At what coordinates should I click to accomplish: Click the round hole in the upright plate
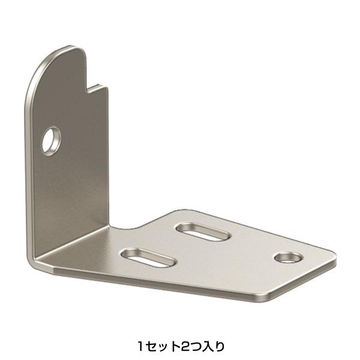[51, 141]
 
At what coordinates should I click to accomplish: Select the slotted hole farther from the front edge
[203, 232]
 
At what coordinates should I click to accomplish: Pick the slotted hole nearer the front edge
[148, 257]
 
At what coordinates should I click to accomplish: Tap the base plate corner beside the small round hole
[333, 255]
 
